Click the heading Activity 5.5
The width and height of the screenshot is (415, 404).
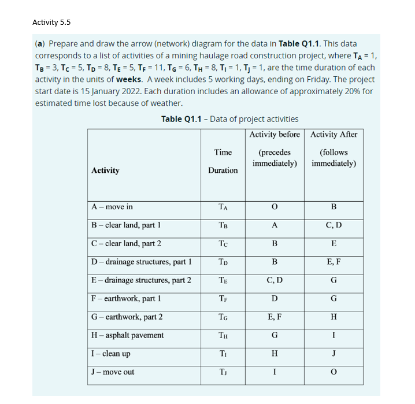(51, 23)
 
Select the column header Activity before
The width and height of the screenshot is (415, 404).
(275, 135)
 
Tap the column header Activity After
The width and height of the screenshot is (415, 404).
(334, 135)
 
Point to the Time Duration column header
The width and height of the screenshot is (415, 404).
(223, 161)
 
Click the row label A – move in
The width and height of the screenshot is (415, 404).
(112, 206)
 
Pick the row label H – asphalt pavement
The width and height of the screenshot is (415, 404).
(128, 335)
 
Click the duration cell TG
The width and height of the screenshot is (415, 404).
(223, 317)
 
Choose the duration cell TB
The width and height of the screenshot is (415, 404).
(223, 225)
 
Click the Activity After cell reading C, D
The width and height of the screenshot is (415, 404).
(334, 225)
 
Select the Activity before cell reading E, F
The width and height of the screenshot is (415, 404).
(275, 317)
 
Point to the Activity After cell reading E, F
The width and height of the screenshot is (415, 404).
(334, 262)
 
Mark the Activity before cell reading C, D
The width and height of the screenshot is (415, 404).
(275, 280)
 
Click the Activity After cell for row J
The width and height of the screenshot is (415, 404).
(334, 372)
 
